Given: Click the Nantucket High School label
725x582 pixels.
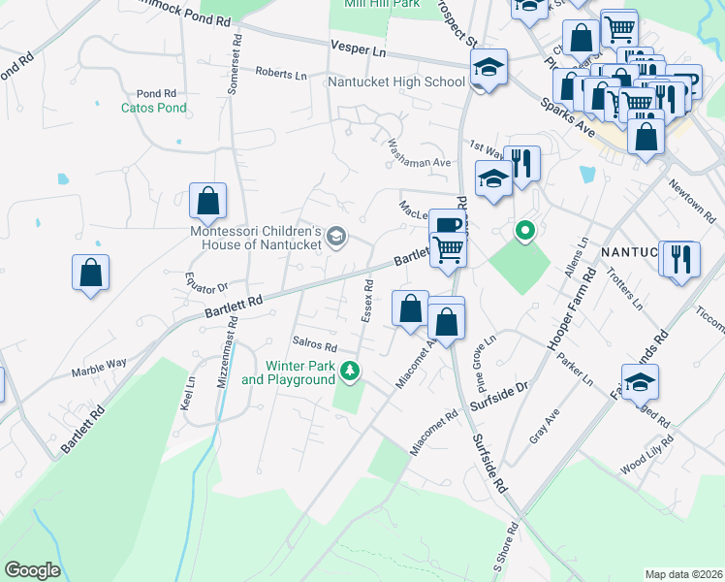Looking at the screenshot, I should tap(396, 82).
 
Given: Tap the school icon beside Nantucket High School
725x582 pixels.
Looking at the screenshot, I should tap(489, 68).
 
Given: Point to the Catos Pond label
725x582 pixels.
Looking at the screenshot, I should tap(153, 108).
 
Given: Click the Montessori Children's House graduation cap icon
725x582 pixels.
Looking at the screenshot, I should tap(336, 236).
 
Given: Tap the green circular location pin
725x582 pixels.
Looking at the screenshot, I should tap(525, 231).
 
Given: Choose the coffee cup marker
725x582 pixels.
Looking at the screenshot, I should tap(446, 225).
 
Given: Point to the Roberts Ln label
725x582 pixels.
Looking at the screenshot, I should tap(281, 73).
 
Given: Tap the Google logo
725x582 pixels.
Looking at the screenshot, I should tap(32, 569).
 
